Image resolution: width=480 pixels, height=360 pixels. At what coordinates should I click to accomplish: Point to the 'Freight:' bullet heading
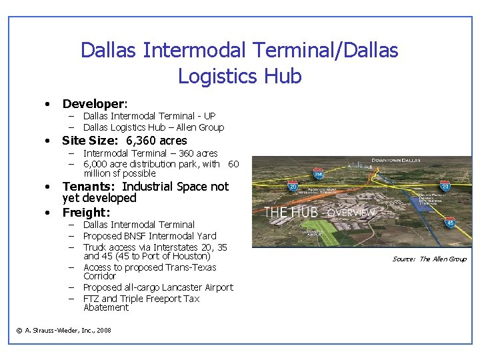(86, 213)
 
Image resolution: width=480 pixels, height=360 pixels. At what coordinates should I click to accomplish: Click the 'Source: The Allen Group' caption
(429, 259)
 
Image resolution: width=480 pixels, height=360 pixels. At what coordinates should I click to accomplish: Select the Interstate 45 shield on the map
(450, 222)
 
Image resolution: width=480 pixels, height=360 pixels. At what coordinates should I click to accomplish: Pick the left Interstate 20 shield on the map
(293, 188)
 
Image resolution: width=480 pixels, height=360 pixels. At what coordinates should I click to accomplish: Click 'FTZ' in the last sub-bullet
(91, 299)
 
